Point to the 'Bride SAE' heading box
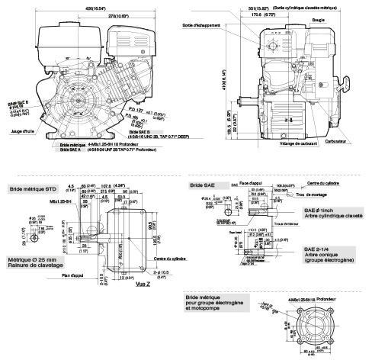click(201, 185)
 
